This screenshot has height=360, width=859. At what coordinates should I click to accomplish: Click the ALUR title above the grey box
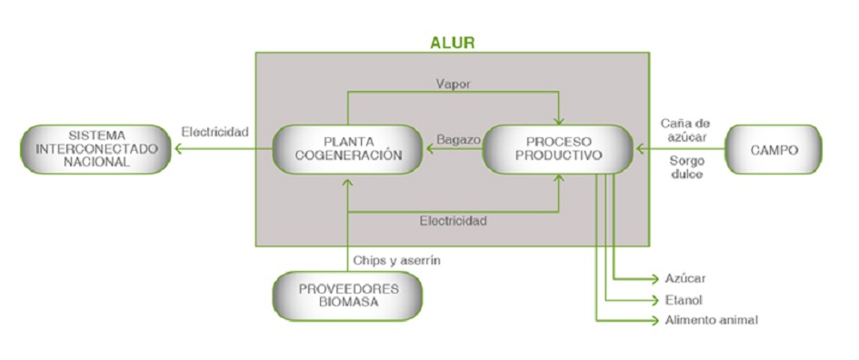(x=452, y=42)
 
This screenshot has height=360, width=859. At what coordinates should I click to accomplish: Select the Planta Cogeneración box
(x=348, y=149)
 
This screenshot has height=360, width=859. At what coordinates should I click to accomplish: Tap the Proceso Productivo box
(x=558, y=149)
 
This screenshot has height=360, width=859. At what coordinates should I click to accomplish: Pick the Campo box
(x=773, y=149)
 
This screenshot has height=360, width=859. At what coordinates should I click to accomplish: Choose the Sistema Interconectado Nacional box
(x=96, y=149)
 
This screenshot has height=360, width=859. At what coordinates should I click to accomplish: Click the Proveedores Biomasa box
(x=347, y=295)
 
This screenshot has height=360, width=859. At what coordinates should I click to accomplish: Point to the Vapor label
(x=453, y=84)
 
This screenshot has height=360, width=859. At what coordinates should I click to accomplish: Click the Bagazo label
(x=452, y=139)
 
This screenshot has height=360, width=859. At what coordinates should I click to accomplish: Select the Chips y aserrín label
(x=397, y=261)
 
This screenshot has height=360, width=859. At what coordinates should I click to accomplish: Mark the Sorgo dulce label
(x=684, y=167)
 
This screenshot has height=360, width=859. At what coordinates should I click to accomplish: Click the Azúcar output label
(x=685, y=278)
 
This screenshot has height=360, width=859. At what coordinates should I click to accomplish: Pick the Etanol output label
(x=684, y=299)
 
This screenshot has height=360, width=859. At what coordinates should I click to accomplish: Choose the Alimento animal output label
(x=711, y=320)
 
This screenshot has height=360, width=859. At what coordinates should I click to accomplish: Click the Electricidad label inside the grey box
(x=453, y=221)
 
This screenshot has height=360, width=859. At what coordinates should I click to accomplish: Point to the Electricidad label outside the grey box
(x=215, y=132)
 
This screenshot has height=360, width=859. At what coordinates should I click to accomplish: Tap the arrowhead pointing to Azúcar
(x=654, y=278)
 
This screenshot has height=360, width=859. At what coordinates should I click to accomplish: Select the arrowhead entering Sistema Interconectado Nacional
(x=179, y=149)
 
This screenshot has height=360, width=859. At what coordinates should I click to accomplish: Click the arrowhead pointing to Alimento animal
(x=654, y=320)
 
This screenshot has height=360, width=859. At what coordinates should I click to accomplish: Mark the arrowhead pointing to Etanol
(x=654, y=299)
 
